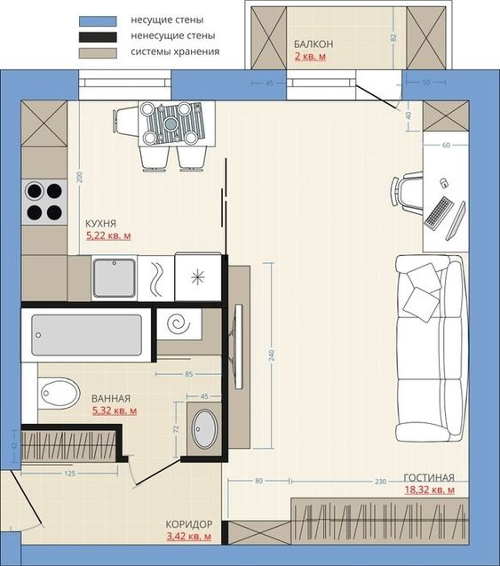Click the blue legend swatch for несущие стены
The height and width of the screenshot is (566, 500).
point(98,21)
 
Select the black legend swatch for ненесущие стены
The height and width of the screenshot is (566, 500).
point(98,37)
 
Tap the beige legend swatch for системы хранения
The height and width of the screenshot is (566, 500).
point(98,53)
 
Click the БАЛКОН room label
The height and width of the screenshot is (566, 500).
point(313,44)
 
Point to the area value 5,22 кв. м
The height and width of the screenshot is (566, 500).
point(108,235)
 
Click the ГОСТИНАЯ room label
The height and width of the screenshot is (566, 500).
point(429,478)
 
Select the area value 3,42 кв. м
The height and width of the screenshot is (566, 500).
point(188,537)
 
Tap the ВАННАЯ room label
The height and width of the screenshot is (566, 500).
point(111,398)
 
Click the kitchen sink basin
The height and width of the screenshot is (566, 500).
point(115,277)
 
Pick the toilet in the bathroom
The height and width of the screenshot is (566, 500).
point(59,393)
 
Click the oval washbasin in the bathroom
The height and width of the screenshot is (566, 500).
point(204,429)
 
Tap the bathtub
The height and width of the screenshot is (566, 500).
point(86,335)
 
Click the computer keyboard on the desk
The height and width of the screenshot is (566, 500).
point(439,212)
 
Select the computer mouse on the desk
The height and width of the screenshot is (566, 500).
point(444,183)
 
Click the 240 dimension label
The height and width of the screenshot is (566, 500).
point(272,355)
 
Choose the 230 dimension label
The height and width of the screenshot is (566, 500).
point(381,482)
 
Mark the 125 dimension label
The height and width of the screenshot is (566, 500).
point(69,474)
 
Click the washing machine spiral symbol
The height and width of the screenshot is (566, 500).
point(179,323)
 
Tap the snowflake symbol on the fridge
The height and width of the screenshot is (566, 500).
point(198,277)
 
